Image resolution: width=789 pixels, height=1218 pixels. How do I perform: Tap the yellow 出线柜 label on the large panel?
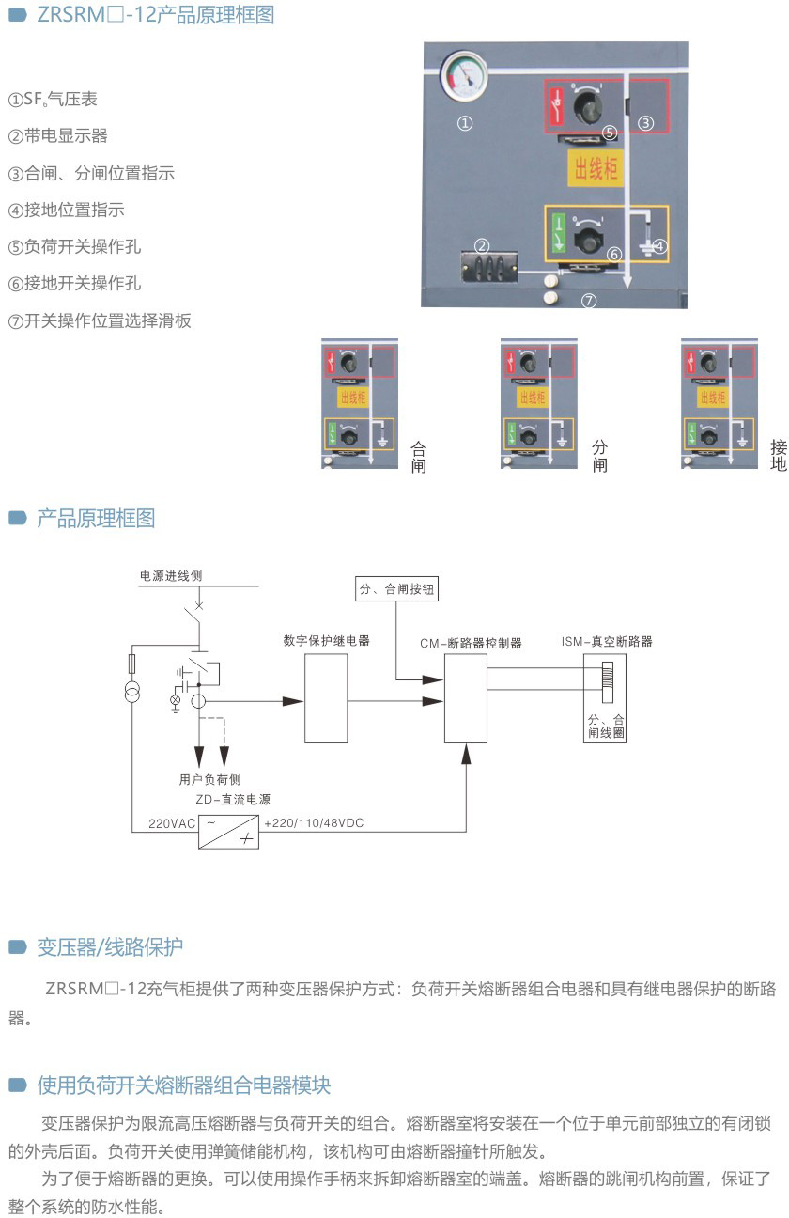coord(595,169)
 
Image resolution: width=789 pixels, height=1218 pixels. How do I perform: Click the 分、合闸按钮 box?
coord(397,590)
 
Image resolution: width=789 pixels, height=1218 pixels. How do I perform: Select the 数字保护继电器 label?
coord(326,641)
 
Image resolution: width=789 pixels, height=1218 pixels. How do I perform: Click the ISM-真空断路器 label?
coord(607,642)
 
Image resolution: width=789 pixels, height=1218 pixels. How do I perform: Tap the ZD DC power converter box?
coord(228,832)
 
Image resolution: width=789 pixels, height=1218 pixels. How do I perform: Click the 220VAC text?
coord(172,823)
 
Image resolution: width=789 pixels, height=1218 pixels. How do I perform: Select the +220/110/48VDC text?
coord(314,823)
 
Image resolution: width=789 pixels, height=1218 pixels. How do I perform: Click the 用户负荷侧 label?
coord(209,779)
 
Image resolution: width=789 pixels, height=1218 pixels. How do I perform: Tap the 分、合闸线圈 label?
coord(606,725)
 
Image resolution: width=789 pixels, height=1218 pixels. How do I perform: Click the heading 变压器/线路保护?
coord(109,946)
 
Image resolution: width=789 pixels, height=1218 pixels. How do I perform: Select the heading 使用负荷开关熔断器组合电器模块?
coord(183,1085)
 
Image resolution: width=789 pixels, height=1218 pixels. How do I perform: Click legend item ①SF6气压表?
coord(53,99)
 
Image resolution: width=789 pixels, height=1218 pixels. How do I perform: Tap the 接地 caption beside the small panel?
coord(779,455)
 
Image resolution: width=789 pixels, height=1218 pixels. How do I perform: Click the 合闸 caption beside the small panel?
coord(419,456)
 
